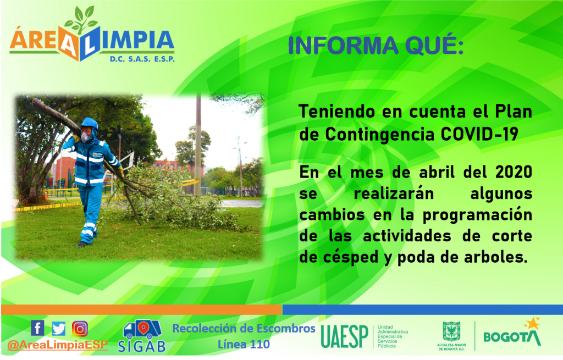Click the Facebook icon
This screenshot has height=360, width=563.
pyautogui.click(x=38, y=328)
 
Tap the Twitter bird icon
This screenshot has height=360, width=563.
pyautogui.click(x=58, y=329)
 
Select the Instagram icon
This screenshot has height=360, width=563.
pyautogui.click(x=80, y=329)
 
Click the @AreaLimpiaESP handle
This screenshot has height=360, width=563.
pyautogui.click(x=57, y=345)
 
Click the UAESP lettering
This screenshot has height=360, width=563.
pyautogui.click(x=344, y=337)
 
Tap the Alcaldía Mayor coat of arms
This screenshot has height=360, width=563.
pyautogui.click(x=451, y=331)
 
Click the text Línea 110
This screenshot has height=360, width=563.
pyautogui.click(x=244, y=344)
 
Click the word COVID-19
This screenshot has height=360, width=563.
pyautogui.click(x=479, y=134)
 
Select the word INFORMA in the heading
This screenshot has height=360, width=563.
pyautogui.click(x=343, y=46)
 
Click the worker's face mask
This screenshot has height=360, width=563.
pyautogui.click(x=85, y=137)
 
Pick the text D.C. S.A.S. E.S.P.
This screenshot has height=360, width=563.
pyautogui.click(x=142, y=59)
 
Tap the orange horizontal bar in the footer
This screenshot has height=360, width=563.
pyautogui.click(x=141, y=309)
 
